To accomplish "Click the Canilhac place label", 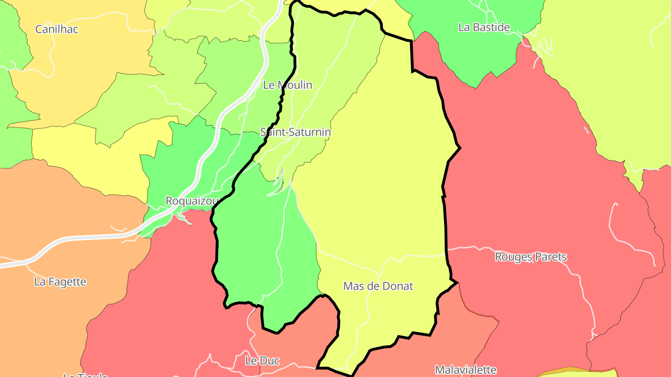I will pyautogui.click(x=57, y=29).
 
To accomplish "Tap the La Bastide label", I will pyautogui.click(x=484, y=27).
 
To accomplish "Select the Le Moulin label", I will pyautogui.click(x=288, y=85).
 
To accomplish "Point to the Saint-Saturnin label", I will pyautogui.click(x=295, y=132).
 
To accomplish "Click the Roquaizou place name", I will pyautogui.click(x=192, y=201).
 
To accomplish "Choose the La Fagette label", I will pyautogui.click(x=60, y=282).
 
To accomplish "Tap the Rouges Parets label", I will pyautogui.click(x=531, y=257).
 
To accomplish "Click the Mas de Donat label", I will pyautogui.click(x=378, y=286).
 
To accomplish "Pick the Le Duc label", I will pyautogui.click(x=262, y=361).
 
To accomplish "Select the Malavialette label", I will pyautogui.click(x=466, y=370).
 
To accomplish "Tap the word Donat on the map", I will pyautogui.click(x=397, y=286).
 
